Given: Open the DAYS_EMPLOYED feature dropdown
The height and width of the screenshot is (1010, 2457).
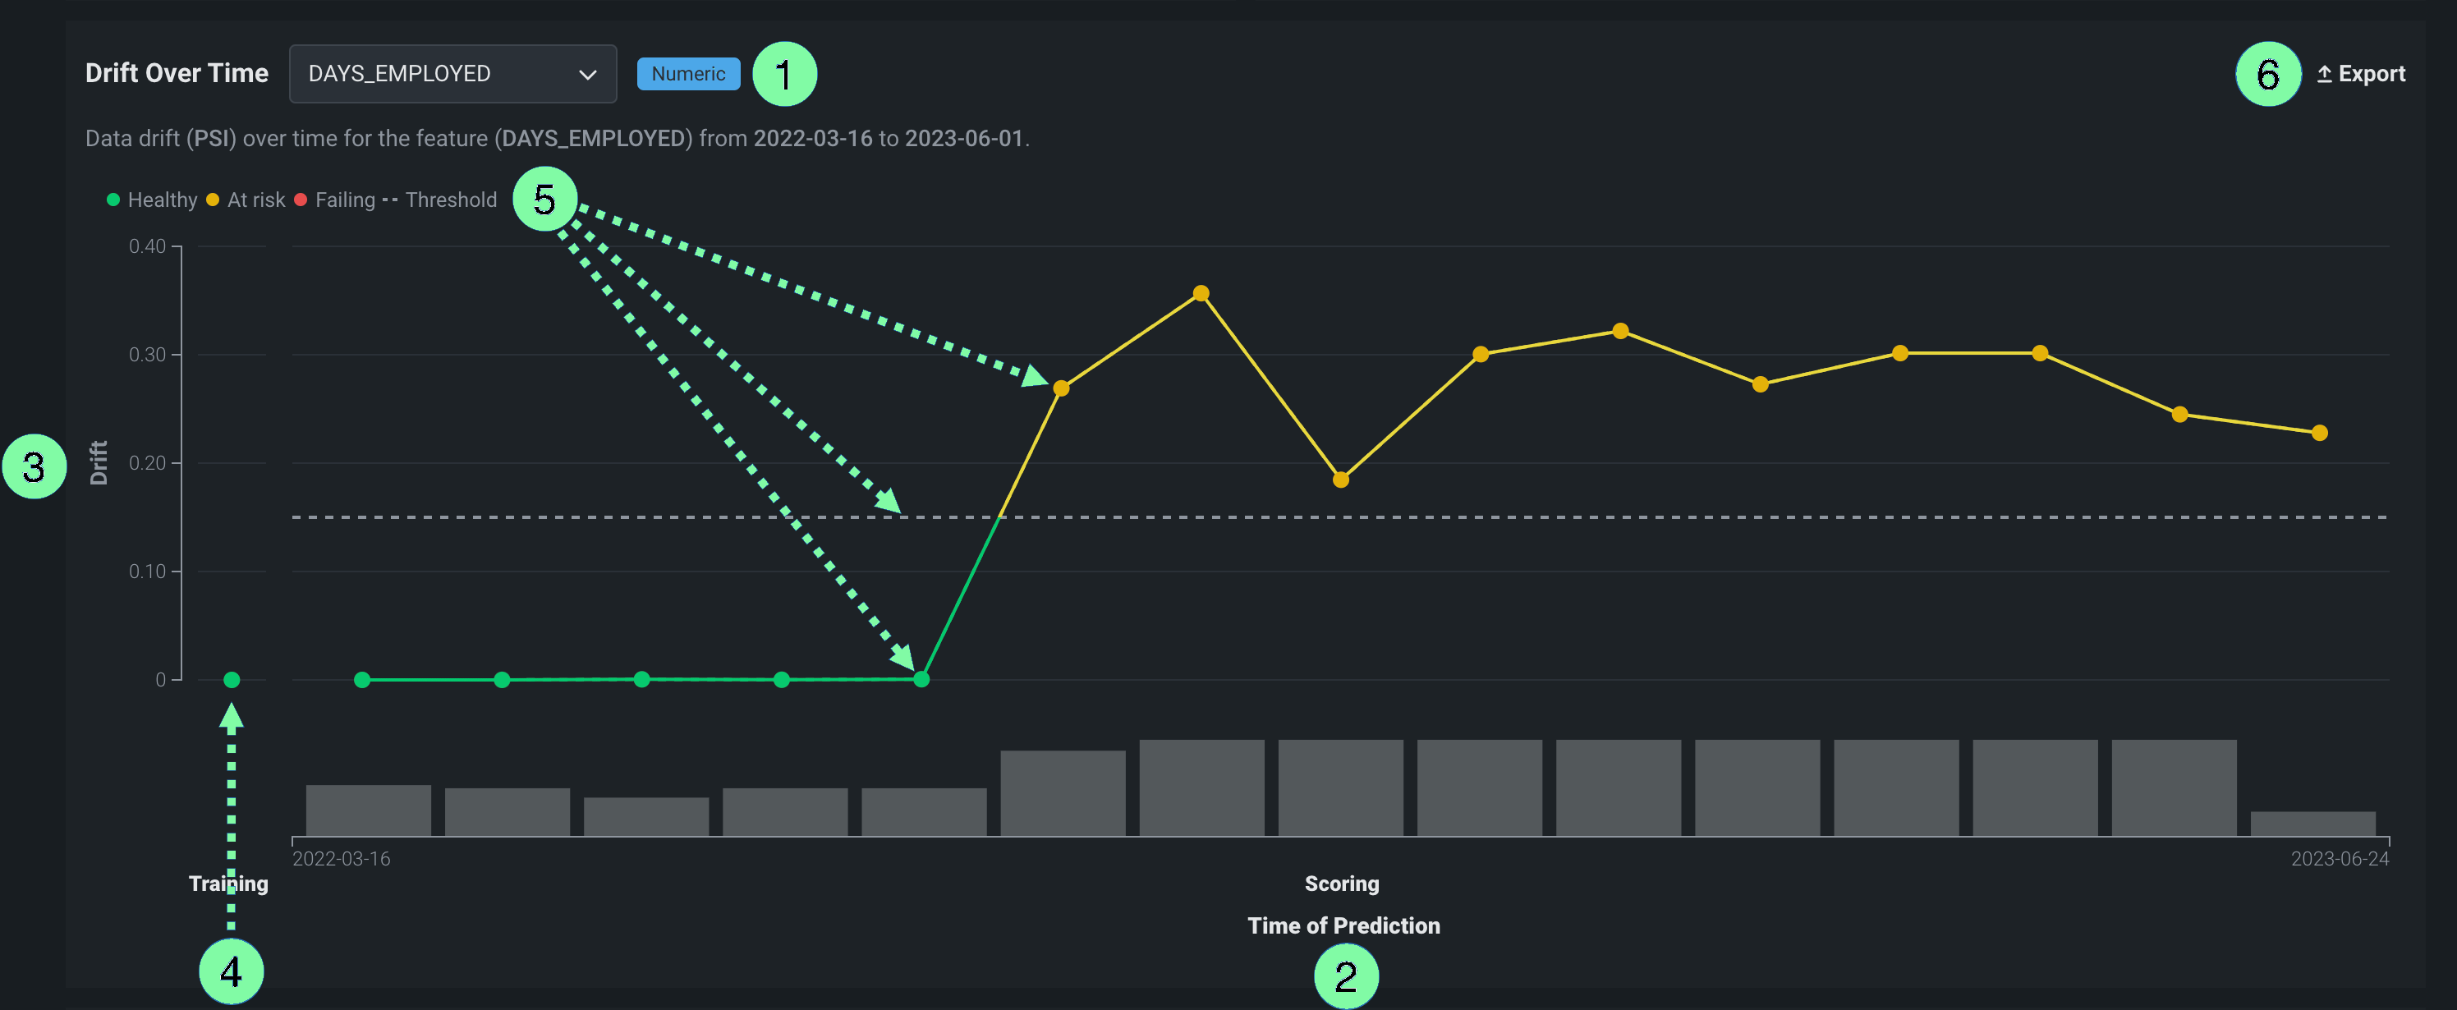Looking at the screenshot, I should (x=452, y=73).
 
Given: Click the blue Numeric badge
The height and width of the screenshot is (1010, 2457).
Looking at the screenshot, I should (x=687, y=73).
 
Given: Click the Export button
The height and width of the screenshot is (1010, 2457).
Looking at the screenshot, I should (x=2362, y=73).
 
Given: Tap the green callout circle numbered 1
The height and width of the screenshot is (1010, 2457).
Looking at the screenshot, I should (x=784, y=73).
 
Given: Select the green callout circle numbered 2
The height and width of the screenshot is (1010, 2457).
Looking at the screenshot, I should (x=1345, y=976).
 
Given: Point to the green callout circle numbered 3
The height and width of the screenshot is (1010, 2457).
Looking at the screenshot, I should (x=34, y=466).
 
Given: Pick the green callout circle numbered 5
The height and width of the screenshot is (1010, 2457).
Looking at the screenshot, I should (x=544, y=200).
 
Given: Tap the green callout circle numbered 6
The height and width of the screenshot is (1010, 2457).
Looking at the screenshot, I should (x=2267, y=73).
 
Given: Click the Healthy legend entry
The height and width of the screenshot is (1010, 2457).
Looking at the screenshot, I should (x=153, y=200).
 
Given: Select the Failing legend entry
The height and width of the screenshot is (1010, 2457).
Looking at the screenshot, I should (x=335, y=200).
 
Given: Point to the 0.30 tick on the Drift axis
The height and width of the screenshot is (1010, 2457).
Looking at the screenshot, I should (x=148, y=355).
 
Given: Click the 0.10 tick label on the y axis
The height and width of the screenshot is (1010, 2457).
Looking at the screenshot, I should (x=148, y=572).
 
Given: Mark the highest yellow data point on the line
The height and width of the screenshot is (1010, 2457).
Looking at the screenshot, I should (x=1201, y=294).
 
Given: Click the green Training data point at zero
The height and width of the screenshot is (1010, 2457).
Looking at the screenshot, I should (x=232, y=680).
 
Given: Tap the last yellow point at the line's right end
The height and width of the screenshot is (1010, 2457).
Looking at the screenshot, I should (x=2320, y=433).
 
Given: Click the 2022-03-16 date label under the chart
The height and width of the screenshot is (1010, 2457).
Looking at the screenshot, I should (x=342, y=858).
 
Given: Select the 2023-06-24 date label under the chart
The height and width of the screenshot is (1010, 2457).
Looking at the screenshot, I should (x=2339, y=858).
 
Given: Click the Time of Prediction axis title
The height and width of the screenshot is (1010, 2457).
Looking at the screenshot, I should (x=1343, y=925).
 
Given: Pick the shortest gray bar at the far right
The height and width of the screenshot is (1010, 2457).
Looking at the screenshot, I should (x=2312, y=823).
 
